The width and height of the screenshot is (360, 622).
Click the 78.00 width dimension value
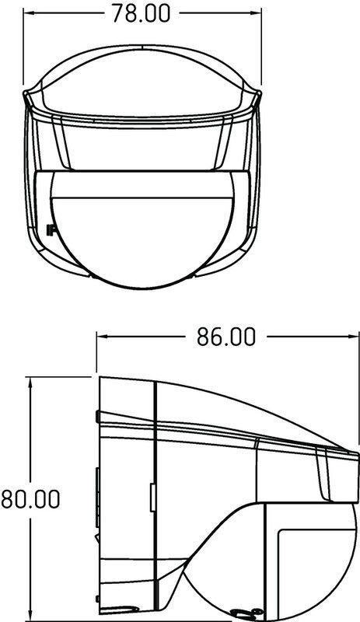(x=141, y=13)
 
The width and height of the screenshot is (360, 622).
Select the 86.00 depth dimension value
(x=226, y=337)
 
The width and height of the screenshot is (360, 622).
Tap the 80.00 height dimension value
(x=30, y=498)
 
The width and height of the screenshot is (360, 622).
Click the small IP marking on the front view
(x=50, y=229)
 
